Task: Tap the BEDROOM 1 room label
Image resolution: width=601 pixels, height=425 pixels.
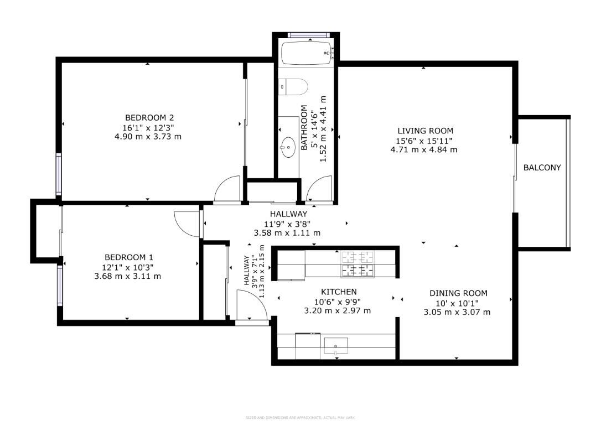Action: click(x=128, y=257)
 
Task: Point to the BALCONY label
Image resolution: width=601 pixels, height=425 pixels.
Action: click(x=542, y=167)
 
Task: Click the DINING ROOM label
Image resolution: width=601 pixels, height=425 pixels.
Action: click(x=458, y=293)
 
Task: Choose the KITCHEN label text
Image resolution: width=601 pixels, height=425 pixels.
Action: click(x=339, y=292)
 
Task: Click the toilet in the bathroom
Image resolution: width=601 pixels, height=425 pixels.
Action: click(x=294, y=86)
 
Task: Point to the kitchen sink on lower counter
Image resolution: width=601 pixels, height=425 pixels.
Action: click(x=335, y=346)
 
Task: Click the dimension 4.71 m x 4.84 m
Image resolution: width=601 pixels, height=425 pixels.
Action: click(x=424, y=149)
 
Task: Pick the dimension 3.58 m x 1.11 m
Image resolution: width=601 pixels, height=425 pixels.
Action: click(x=287, y=233)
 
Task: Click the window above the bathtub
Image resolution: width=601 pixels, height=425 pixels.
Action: click(x=308, y=35)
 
